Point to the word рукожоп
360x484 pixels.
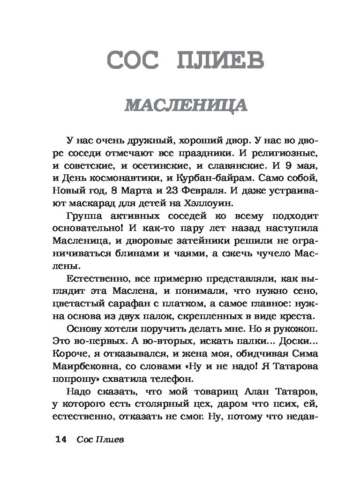283,328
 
